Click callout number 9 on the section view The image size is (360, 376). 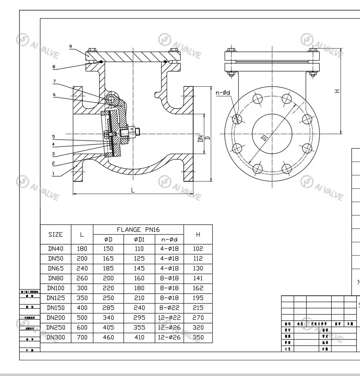point(71,46)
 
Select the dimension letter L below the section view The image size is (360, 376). point(133,191)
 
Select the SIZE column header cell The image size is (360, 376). point(55,234)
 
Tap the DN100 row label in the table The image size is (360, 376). point(55,288)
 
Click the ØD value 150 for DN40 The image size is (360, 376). point(108,249)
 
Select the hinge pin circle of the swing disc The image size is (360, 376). point(111,99)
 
